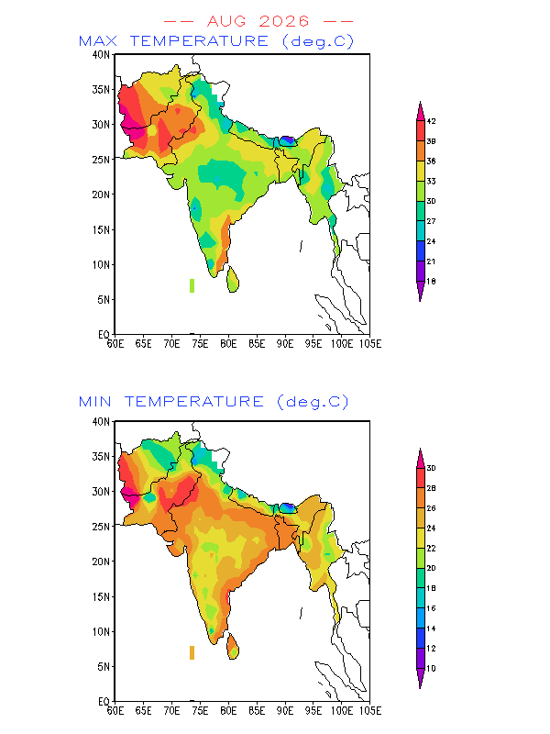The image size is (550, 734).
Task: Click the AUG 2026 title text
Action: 258,21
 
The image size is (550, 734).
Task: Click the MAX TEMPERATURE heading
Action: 174,40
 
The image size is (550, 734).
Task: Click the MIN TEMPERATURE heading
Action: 171,402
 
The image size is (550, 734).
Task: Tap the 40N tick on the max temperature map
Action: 101,55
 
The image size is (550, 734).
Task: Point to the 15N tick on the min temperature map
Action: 101,597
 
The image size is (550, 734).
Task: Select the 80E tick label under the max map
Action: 228,344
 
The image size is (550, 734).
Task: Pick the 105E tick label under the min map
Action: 370,711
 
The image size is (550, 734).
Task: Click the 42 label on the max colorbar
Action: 431,121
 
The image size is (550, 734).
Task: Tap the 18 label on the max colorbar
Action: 431,282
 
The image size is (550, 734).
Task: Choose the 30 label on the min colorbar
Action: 431,468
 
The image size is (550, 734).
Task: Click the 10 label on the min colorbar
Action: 431,669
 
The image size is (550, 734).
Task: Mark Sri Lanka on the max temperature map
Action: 233,280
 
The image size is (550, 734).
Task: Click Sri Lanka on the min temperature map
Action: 233,647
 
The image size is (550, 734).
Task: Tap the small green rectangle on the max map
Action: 192,285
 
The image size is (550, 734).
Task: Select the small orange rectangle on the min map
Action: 192,652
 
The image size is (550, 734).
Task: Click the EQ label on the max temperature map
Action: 104,334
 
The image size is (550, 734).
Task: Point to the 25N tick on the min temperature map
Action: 101,527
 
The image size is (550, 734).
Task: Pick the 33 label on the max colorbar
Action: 431,181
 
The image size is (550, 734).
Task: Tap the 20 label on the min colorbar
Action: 431,568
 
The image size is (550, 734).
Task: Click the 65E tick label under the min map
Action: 144,711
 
